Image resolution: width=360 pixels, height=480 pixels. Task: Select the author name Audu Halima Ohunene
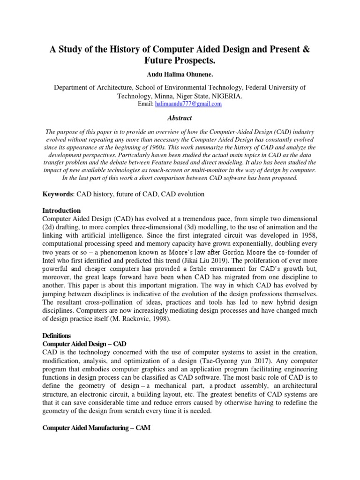click(180, 75)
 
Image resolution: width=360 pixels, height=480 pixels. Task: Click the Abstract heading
click(180, 119)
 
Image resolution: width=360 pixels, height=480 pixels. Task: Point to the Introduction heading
click(61, 210)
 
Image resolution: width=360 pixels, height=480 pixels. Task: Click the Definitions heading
click(56, 336)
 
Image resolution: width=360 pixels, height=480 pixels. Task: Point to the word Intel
click(51, 253)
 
